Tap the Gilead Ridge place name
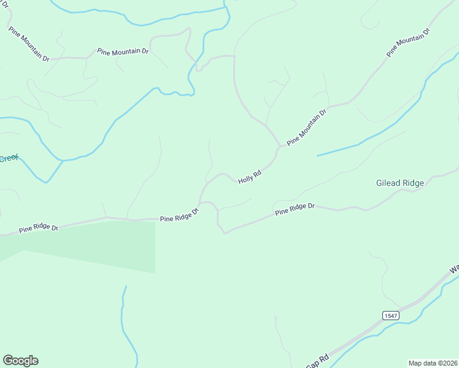click(399, 183)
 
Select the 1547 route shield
click(390, 315)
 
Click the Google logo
click(20, 361)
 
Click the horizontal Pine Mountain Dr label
click(123, 52)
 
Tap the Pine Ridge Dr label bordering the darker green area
click(38, 228)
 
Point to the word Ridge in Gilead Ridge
click(412, 183)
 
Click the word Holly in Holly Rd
click(245, 178)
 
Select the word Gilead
click(388, 183)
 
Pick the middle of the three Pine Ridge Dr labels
click(179, 216)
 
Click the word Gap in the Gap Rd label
click(314, 364)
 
